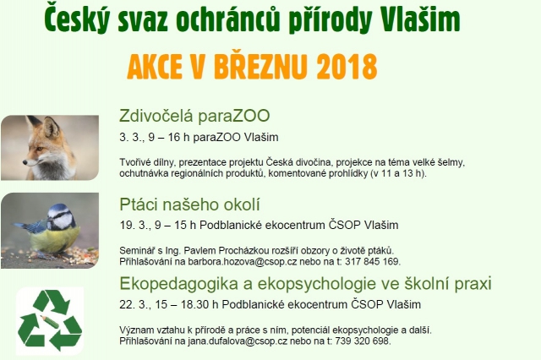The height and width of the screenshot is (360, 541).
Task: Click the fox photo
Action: point(49,148)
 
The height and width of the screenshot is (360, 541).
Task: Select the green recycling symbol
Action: point(49,320)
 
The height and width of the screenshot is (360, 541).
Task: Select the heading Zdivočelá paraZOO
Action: point(194,117)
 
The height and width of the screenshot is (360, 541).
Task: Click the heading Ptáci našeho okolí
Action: point(189,205)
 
